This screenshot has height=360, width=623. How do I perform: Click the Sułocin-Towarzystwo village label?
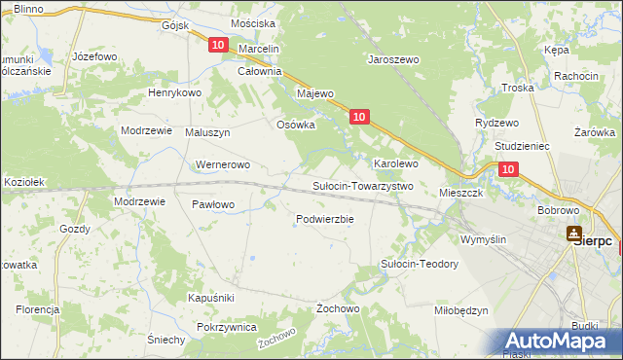click(363, 186)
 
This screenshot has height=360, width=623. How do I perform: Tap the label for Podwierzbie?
click(324, 219)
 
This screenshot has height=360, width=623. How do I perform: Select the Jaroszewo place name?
click(392, 59)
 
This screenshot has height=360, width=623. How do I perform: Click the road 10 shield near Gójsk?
click(217, 46)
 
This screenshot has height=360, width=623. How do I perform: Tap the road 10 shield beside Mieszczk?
click(508, 169)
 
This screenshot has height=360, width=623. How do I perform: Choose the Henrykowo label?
click(174, 92)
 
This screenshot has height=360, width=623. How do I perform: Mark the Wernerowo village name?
click(224, 164)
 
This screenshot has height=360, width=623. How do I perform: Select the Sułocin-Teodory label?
click(419, 265)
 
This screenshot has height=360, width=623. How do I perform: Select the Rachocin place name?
click(575, 76)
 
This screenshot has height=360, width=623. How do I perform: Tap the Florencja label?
click(38, 308)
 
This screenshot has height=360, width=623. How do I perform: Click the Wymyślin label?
click(484, 238)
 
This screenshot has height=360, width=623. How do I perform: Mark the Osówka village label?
click(297, 124)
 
